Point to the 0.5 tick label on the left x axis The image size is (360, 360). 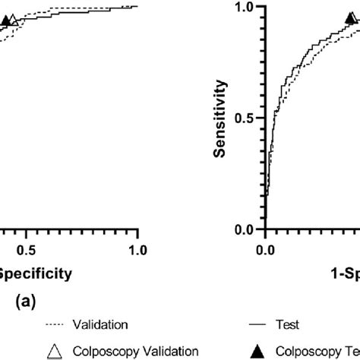tap(27, 249)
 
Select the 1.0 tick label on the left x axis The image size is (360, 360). tap(137, 249)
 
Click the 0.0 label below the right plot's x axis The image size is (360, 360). tap(265, 249)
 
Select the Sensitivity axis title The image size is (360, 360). tap(219, 118)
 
